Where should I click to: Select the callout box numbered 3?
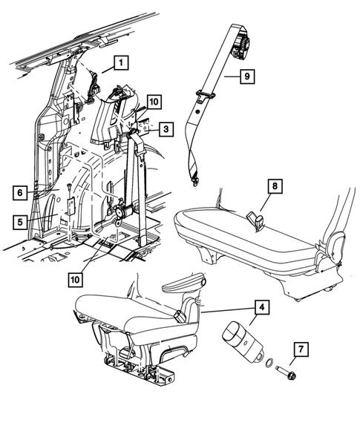click(166, 128)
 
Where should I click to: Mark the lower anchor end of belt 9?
click(196, 177)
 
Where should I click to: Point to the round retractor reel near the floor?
click(120, 214)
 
